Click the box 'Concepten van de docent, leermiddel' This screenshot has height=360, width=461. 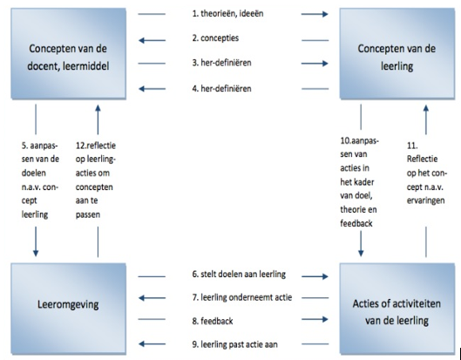pyautogui.click(x=69, y=53)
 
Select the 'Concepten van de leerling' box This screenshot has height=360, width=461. pyautogui.click(x=397, y=53)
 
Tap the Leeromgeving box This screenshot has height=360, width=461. pyautogui.click(x=69, y=309)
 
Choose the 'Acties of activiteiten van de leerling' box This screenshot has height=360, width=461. pyautogui.click(x=397, y=309)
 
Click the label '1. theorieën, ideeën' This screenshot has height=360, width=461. pyautogui.click(x=227, y=14)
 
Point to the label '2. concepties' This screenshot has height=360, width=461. pyautogui.click(x=215, y=38)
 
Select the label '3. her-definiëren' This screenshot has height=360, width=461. pyautogui.click(x=221, y=63)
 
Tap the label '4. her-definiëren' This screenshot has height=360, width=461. pyautogui.click(x=221, y=89)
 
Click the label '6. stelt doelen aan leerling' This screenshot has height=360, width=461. pyautogui.click(x=239, y=274)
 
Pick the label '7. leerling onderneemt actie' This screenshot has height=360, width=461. pyautogui.click(x=242, y=297)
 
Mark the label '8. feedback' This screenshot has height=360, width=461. pyautogui.click(x=213, y=321)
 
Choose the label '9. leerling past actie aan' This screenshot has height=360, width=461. pyautogui.click(x=234, y=344)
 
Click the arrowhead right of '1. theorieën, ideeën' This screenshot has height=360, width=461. pyautogui.click(x=325, y=14)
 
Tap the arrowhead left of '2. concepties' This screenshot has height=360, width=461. pyautogui.click(x=142, y=40)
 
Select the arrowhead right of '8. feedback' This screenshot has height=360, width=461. pyautogui.click(x=325, y=319)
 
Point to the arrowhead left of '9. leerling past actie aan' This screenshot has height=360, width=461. pyautogui.click(x=142, y=343)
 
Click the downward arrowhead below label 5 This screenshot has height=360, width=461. pyautogui.click(x=36, y=253)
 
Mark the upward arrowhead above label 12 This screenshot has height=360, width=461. pyautogui.click(x=98, y=108)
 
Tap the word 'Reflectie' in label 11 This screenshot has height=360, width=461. pyautogui.click(x=422, y=160)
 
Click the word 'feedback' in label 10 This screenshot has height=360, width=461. pyautogui.click(x=356, y=223)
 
